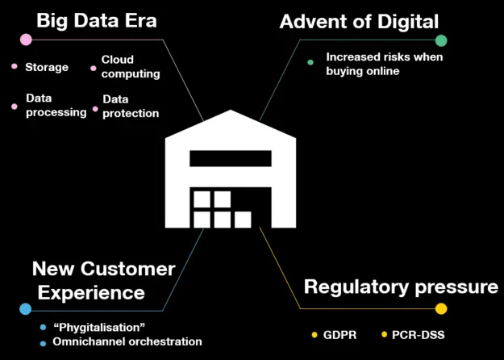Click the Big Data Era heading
point(97,21)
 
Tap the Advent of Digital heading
point(359,22)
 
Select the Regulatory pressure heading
point(401,287)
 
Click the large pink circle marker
point(26,40)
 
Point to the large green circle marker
point(441,40)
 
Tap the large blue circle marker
point(25,309)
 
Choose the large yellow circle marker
point(441,308)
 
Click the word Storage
point(47,67)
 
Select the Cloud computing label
point(131,67)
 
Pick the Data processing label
point(56,106)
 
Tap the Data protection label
point(131,107)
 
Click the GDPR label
point(339,335)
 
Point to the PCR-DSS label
point(419,335)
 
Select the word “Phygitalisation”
point(99,328)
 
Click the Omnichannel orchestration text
point(127,341)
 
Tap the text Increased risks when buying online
point(385,64)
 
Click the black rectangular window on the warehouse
point(231,158)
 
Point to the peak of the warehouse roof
point(231,110)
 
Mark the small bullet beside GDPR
point(314,335)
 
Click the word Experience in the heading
point(91,293)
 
